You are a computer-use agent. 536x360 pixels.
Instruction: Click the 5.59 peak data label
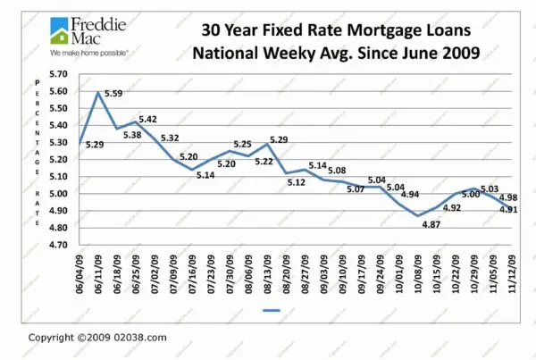pyautogui.click(x=113, y=93)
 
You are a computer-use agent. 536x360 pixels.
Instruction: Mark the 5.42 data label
pyautogui.click(x=148, y=119)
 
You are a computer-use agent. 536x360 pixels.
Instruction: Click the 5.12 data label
pyautogui.click(x=296, y=182)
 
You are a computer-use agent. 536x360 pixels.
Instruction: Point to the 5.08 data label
pyautogui.click(x=337, y=170)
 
